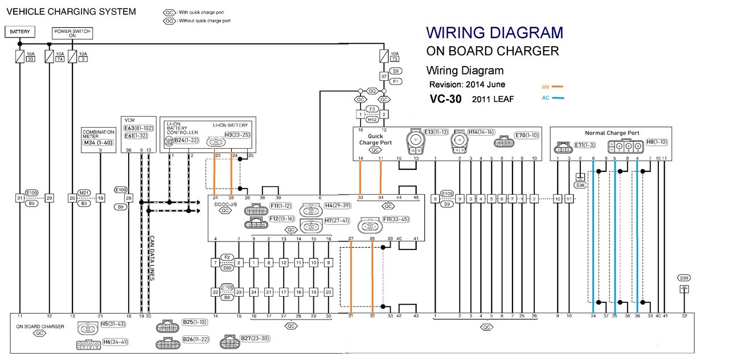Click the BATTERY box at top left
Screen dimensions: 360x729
(20, 31)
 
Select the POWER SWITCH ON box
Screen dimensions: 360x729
(72, 32)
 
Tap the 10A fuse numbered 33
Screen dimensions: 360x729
(21, 56)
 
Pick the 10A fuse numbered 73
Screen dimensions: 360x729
(384, 56)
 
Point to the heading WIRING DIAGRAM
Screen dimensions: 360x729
(494, 32)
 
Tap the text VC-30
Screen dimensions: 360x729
(446, 98)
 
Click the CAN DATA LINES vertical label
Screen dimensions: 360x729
(152, 258)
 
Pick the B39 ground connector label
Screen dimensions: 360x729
(684, 277)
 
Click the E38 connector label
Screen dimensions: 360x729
(580, 185)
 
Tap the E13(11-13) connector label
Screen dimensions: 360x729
(436, 132)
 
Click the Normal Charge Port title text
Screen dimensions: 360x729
(612, 133)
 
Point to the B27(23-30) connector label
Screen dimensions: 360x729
(254, 338)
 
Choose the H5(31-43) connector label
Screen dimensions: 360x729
(112, 324)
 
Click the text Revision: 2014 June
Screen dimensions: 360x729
(467, 84)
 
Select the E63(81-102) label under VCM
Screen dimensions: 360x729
(136, 128)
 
